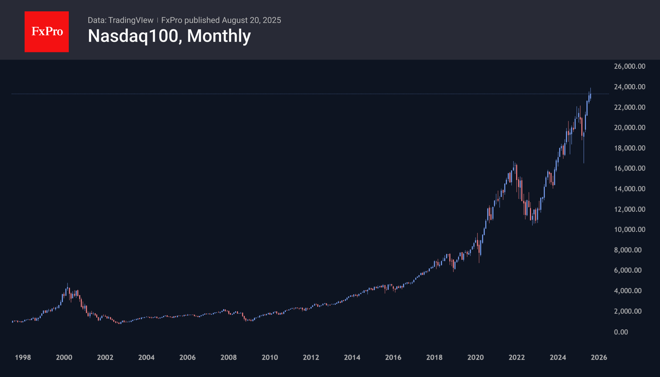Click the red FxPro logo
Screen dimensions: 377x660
click(47, 32)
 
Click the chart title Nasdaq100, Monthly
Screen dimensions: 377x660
click(169, 36)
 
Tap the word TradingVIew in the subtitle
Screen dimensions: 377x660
click(131, 20)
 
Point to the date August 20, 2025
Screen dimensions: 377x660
click(251, 20)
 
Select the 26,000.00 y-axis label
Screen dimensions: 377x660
click(629, 66)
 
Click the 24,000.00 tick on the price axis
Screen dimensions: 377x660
click(629, 87)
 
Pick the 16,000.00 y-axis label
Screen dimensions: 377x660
click(629, 168)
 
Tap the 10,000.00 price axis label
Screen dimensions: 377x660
click(629, 229)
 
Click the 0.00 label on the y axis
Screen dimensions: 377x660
click(621, 332)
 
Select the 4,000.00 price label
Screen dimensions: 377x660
click(628, 291)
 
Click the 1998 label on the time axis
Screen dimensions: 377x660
click(23, 357)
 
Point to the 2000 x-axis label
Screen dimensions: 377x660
click(64, 357)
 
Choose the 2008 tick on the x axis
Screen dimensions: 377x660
click(228, 357)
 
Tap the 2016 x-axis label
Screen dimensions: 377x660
click(393, 357)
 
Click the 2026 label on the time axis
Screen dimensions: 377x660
click(599, 357)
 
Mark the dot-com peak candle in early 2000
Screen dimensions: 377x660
click(68, 288)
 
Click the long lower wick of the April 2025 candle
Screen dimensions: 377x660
click(584, 151)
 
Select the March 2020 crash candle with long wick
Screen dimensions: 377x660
click(479, 249)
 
